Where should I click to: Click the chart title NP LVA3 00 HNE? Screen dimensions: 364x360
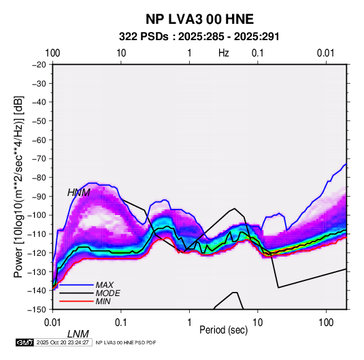pos(199,19)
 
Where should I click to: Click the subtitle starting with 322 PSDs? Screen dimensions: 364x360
pos(199,37)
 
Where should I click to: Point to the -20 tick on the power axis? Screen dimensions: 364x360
pos(39,65)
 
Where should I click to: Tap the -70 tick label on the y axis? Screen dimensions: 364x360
pos(39,159)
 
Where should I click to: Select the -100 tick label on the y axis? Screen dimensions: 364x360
pos(37,215)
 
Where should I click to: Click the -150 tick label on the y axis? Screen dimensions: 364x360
pos(37,310)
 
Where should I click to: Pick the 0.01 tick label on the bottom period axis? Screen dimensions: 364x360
pos(52,323)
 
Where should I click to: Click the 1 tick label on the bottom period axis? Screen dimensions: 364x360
pos(189,323)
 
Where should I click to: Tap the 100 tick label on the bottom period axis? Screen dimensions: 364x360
pos(326,323)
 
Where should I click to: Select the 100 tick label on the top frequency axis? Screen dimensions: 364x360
pos(52,53)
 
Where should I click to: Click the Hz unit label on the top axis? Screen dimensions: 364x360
pos(224,53)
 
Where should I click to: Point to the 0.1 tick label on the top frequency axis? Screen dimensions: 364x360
pos(258,53)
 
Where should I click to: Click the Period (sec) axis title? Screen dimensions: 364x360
pos(224,330)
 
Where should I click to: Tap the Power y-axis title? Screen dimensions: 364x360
pos(18,186)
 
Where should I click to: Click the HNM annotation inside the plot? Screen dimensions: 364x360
pos(79,193)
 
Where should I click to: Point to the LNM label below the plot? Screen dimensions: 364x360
pos(78,334)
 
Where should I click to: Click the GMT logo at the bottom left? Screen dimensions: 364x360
pos(24,342)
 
